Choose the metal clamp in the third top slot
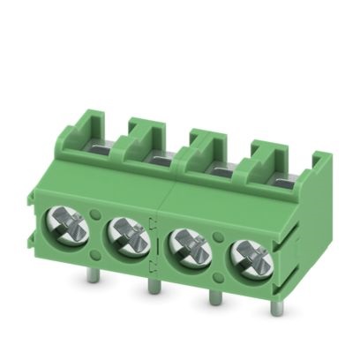(x=221, y=173)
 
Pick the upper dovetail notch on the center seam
(x=155, y=218)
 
